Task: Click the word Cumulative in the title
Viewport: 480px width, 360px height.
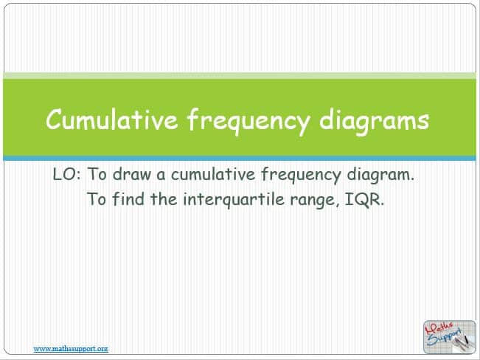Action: pos(112,120)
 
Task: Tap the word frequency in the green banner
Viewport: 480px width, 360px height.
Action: pos(248,121)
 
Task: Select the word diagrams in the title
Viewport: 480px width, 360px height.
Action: pos(374,121)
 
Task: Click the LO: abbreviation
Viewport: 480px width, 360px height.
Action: pos(67,174)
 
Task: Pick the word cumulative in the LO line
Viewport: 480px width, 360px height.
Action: pos(213,174)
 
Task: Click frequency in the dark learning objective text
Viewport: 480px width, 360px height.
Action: pos(301,176)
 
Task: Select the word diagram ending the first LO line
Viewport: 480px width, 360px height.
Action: pos(380,176)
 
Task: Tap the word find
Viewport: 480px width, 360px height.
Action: pos(128,199)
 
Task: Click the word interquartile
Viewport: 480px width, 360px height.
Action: pos(234,200)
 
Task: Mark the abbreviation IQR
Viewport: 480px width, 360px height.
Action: pos(364,199)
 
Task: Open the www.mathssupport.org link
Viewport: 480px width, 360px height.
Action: pos(71,349)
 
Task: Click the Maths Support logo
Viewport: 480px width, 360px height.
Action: pos(449,337)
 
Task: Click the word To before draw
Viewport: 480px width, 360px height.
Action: pos(97,174)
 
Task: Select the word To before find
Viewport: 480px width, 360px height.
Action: pos(97,199)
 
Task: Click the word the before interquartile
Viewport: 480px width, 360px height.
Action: pos(164,199)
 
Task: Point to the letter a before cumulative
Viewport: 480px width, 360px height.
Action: pos(161,176)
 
